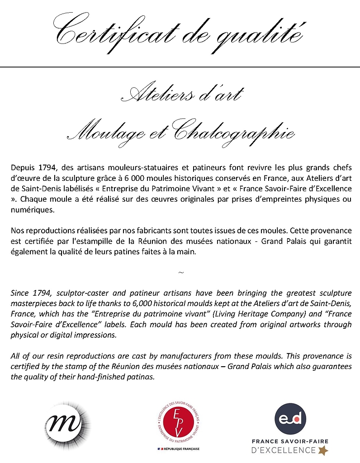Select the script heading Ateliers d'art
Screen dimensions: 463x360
(x=180, y=94)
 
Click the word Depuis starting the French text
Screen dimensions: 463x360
(x=22, y=166)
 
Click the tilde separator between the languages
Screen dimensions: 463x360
(x=180, y=273)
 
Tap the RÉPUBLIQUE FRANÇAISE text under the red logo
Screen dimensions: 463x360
(x=180, y=448)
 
